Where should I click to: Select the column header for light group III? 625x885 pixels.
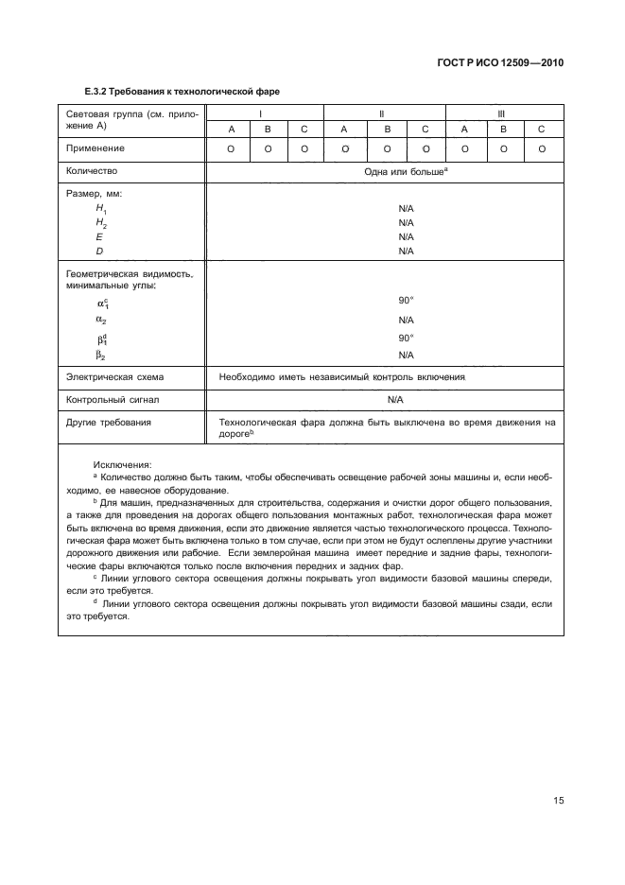pyautogui.click(x=502, y=113)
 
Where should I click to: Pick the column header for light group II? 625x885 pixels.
pyautogui.click(x=381, y=113)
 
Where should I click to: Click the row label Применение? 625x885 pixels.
pyautogui.click(x=95, y=148)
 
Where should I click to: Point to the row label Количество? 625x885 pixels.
pyautogui.click(x=94, y=172)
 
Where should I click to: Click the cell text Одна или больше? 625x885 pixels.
pyautogui.click(x=404, y=172)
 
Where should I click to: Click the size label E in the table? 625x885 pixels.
pyautogui.click(x=98, y=236)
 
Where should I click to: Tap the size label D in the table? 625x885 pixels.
pyautogui.click(x=98, y=251)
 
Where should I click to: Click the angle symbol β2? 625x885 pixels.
pyautogui.click(x=99, y=355)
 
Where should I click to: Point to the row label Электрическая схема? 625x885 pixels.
pyautogui.click(x=115, y=376)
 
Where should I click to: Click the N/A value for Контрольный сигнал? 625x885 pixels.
pyautogui.click(x=395, y=400)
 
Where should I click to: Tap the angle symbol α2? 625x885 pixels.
pyautogui.click(x=100, y=320)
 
